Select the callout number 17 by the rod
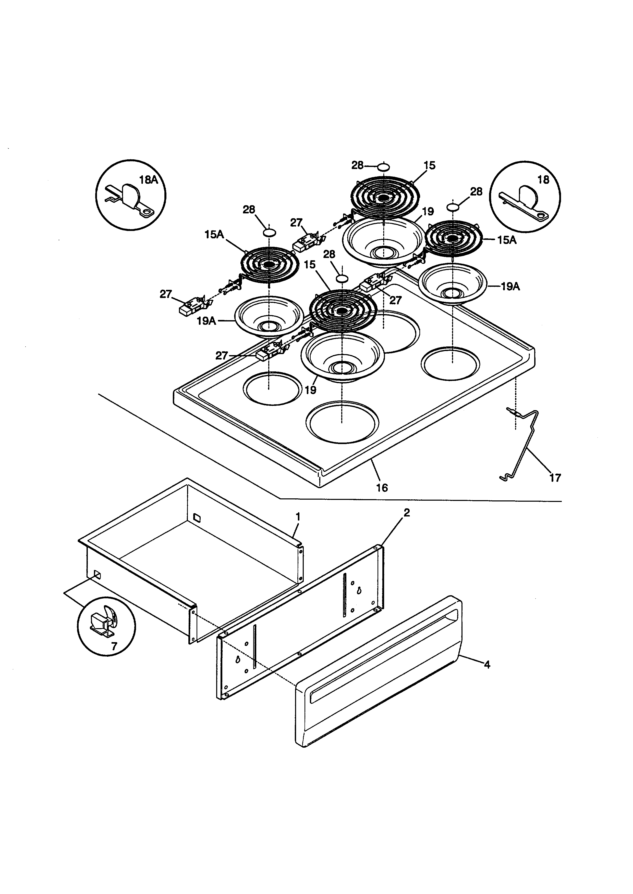pos(555,478)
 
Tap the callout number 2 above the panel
pos(407,513)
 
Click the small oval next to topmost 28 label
pos(383,167)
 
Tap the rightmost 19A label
pos(510,287)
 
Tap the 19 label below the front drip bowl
pos(310,390)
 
